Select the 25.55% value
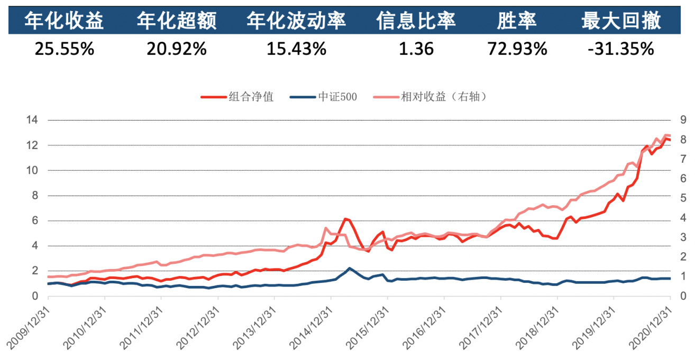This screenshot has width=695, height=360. coord(64,49)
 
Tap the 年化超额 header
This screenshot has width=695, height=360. coord(176,21)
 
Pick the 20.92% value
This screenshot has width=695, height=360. coord(176,49)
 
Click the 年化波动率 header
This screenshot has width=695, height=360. coord(296,21)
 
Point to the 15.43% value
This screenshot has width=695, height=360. coord(296,49)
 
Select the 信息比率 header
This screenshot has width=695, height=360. coord(416,21)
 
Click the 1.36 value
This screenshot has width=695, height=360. coord(416,49)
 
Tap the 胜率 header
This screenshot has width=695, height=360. coord(517,21)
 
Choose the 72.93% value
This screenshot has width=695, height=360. coord(517,49)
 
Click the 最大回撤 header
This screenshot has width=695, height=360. coord(621,21)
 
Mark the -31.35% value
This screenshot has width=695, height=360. coord(621,49)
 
